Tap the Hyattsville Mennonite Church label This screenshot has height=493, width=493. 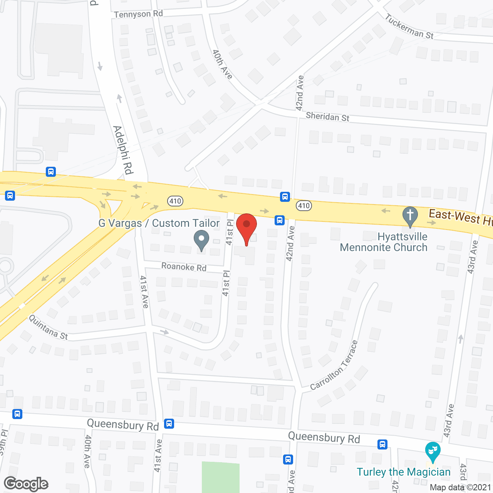(384, 242)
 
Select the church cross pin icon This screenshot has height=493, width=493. (410, 216)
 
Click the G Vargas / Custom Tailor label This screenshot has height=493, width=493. (159, 223)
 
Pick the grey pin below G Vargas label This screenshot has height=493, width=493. (201, 240)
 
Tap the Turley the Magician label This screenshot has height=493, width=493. (403, 472)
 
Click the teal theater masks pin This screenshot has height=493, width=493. (433, 451)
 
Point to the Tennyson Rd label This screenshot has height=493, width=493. (138, 14)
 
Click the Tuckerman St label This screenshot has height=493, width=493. (409, 27)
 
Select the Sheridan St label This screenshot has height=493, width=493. (327, 117)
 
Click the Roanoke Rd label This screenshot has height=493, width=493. (184, 267)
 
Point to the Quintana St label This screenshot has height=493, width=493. (49, 327)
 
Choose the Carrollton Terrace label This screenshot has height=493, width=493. (334, 366)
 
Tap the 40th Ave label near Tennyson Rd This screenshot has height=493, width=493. (223, 64)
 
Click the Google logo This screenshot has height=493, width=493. (26, 484)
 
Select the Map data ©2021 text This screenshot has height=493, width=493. (460, 487)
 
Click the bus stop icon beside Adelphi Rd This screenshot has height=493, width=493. (51, 172)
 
